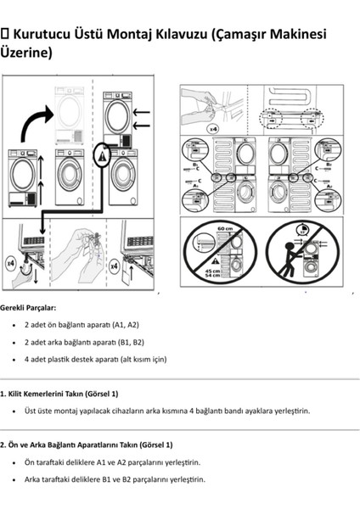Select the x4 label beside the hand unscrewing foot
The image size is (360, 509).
(11, 264)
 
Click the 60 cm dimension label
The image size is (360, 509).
(225, 229)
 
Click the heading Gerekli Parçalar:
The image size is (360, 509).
(29, 307)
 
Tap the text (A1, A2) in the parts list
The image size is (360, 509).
(124, 325)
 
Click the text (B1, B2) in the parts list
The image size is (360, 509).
(128, 342)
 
